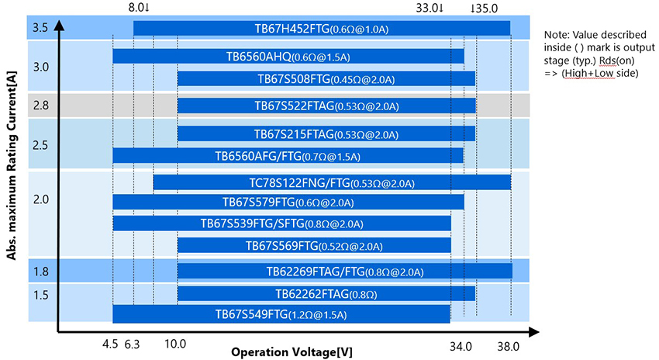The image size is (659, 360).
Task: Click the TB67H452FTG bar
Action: (x=321, y=29)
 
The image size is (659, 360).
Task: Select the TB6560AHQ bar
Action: (x=288, y=56)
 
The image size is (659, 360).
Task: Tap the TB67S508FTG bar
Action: (x=326, y=78)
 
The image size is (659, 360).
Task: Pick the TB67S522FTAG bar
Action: (x=326, y=105)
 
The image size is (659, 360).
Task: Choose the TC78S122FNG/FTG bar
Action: (x=331, y=183)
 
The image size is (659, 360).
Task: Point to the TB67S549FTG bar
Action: (x=281, y=314)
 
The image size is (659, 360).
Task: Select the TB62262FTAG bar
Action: (x=326, y=293)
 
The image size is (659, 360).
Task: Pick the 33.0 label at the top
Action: (x=429, y=8)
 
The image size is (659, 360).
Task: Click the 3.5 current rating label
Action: (x=40, y=29)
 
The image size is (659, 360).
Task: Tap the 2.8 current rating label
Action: (x=40, y=105)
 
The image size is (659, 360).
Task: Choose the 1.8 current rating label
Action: (x=40, y=271)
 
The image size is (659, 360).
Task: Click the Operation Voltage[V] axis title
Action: (x=292, y=351)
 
